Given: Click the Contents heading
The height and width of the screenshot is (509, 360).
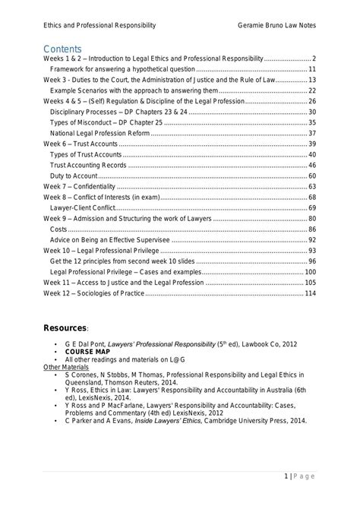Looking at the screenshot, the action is pos(62,49).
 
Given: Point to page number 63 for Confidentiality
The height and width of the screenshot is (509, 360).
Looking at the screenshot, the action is pos(311,186).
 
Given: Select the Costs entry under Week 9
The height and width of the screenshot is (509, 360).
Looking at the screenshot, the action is pos(58,229).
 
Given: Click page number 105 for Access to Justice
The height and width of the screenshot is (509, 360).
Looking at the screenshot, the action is pos(310,282).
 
